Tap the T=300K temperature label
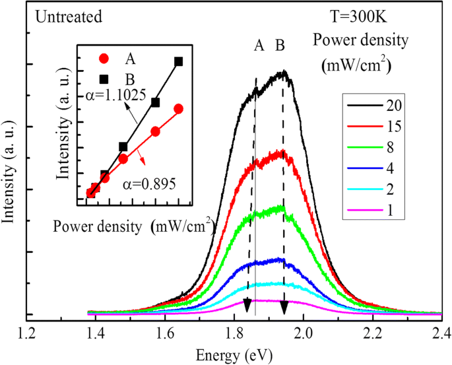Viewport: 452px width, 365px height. [x=359, y=16]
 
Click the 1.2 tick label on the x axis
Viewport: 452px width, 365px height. [x=27, y=333]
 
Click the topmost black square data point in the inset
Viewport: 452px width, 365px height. [x=178, y=61]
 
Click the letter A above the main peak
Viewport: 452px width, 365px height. [x=259, y=46]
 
